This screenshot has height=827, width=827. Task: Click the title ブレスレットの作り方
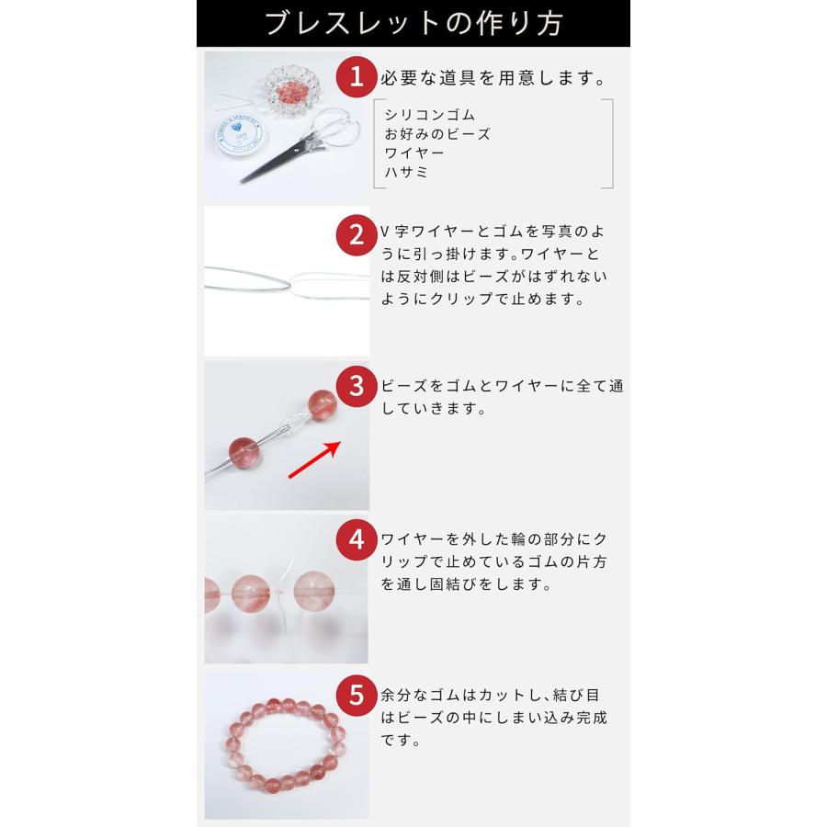[413, 23]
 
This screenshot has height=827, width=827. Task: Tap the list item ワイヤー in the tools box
[414, 153]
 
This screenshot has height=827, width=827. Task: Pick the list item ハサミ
[407, 172]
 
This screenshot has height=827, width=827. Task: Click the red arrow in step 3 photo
[314, 459]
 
